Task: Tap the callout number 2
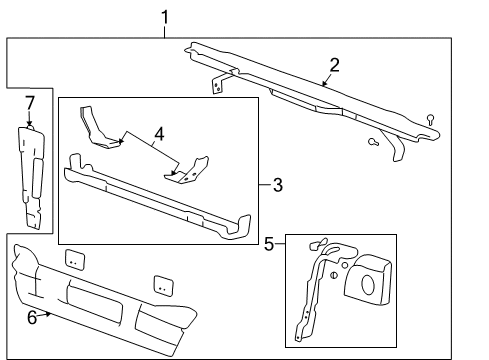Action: pos(334,65)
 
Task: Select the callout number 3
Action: pos(277,184)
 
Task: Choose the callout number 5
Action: pos(267,242)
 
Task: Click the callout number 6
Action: pos(31,318)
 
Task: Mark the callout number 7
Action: pos(29,103)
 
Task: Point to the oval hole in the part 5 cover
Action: pos(366,282)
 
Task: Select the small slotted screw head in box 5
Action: pos(332,277)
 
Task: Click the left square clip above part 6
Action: pos(74,259)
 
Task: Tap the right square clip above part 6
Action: pos(163,284)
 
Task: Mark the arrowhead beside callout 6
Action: pos(46,314)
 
